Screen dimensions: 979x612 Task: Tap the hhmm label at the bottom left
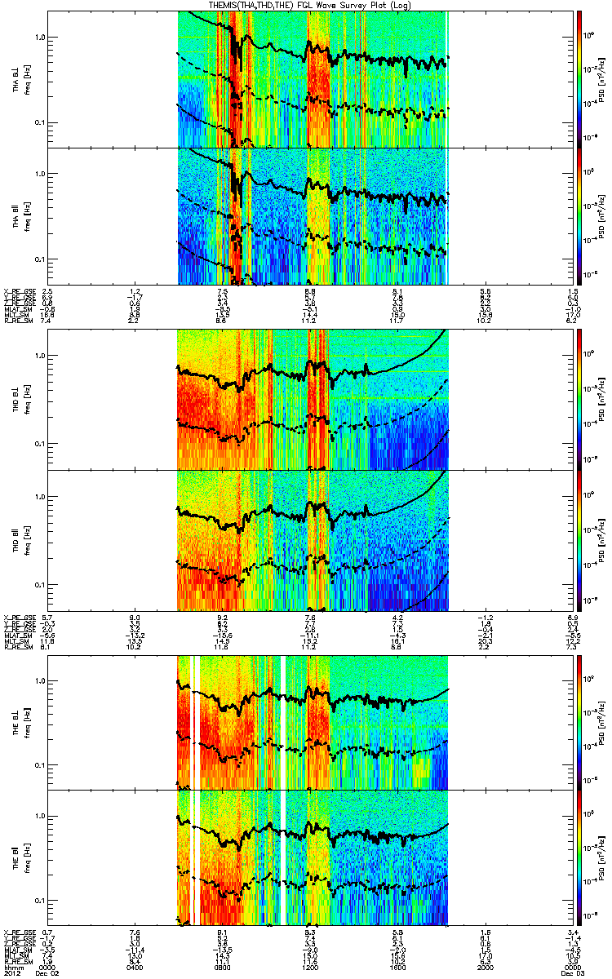tap(11, 968)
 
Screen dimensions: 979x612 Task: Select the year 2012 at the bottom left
tap(11, 974)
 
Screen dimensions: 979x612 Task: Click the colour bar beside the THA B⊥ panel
tap(579, 78)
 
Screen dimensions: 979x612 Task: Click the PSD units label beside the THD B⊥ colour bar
tap(601, 399)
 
